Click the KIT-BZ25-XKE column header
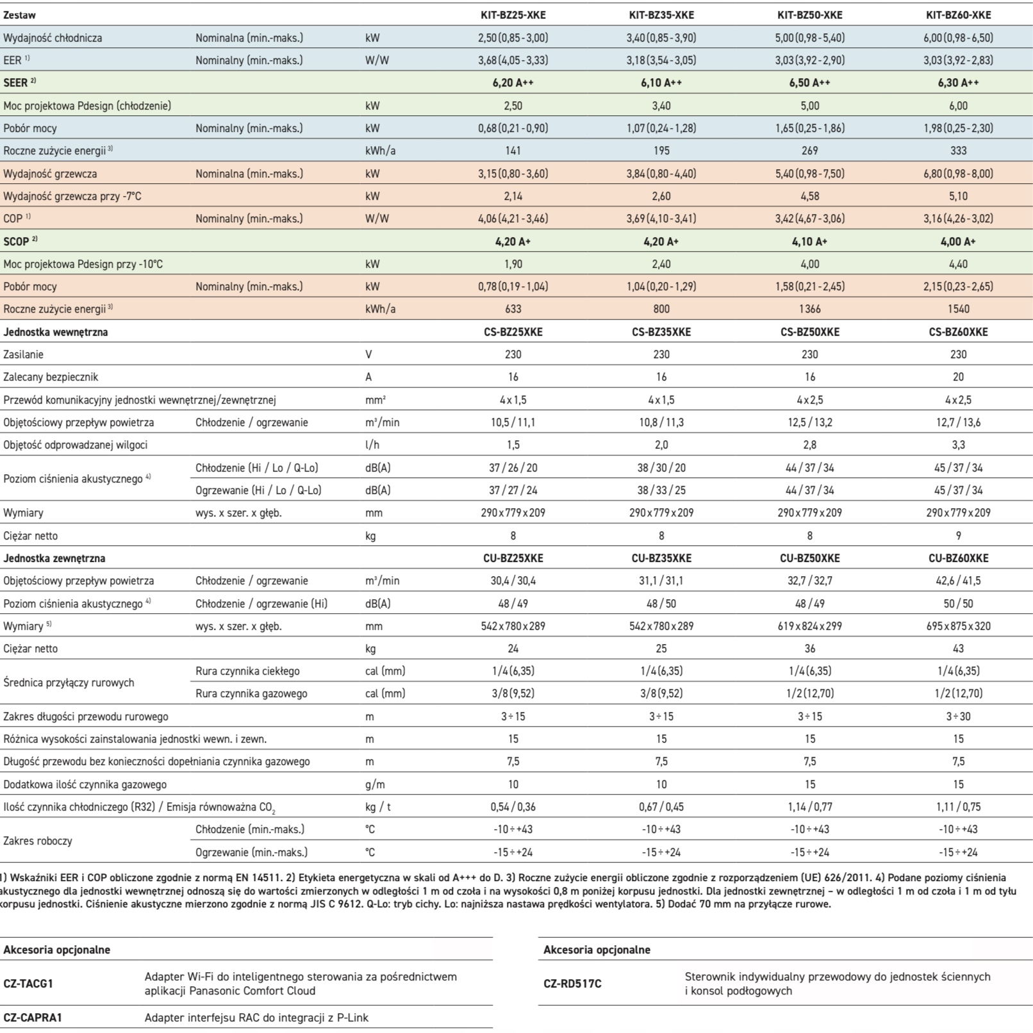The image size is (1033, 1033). (x=513, y=15)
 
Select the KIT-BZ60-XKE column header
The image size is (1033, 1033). (x=958, y=15)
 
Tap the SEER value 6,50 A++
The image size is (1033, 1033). (x=810, y=83)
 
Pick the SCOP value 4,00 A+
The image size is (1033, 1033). (x=958, y=242)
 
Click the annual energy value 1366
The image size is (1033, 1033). (x=810, y=309)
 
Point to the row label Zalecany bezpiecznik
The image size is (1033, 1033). (x=51, y=377)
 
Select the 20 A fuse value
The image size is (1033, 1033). (x=958, y=377)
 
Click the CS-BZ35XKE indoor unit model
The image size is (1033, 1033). (x=661, y=332)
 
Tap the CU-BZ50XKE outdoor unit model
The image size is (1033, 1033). (x=810, y=558)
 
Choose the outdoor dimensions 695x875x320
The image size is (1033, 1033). (x=958, y=626)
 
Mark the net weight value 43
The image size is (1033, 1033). (x=958, y=649)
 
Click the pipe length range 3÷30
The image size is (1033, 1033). (x=958, y=716)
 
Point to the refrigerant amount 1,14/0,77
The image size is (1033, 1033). (x=810, y=807)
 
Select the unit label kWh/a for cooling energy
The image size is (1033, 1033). (x=380, y=151)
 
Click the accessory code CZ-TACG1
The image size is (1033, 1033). (x=28, y=983)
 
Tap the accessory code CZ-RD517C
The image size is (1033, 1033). (x=572, y=983)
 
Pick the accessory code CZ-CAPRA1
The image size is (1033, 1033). (x=33, y=1018)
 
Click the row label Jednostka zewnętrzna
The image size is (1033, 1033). (x=54, y=558)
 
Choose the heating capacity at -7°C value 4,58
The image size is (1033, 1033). (x=810, y=196)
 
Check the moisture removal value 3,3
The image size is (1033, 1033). (x=958, y=445)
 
